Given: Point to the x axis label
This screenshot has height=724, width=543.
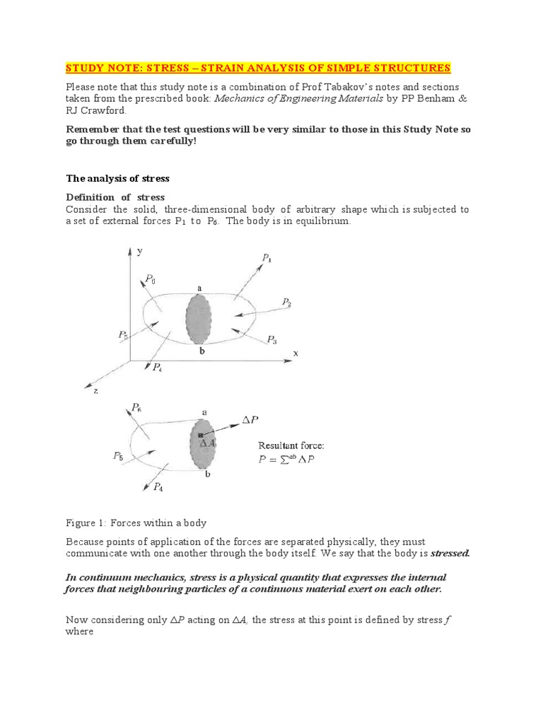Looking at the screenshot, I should tap(296, 352).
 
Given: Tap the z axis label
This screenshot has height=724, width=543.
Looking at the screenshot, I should tap(95, 390).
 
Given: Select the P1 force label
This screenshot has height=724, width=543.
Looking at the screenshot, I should tap(267, 259).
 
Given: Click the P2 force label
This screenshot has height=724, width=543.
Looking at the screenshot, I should tap(286, 302).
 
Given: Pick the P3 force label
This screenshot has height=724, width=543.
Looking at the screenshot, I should tap(272, 339).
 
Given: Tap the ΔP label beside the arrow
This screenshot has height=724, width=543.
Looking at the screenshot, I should tap(250, 419).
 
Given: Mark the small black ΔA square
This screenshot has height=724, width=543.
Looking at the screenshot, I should tap(202, 435).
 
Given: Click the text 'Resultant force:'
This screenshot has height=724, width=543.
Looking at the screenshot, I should tap(291, 445).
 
